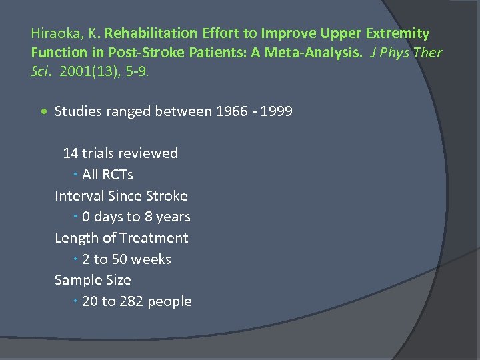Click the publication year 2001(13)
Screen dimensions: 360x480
click(x=84, y=71)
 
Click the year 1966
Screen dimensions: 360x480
click(x=231, y=111)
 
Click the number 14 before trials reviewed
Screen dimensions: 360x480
click(x=70, y=153)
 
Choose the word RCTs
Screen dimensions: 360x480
click(x=117, y=175)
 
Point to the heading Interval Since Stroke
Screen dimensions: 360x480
click(x=121, y=196)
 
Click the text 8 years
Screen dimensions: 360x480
click(x=167, y=217)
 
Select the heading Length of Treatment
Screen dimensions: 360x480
click(x=121, y=238)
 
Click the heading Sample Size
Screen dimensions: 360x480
click(x=93, y=280)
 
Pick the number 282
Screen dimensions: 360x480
click(x=131, y=301)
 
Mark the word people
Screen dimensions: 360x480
click(x=169, y=301)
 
